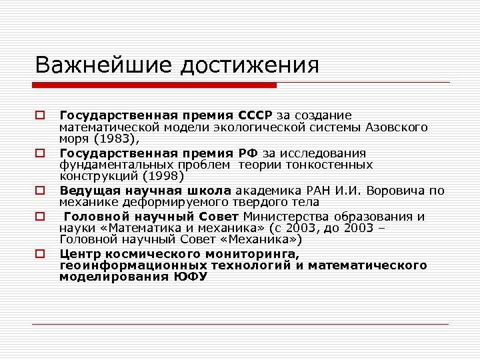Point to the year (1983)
coord(114,139)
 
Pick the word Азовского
coord(395,127)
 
